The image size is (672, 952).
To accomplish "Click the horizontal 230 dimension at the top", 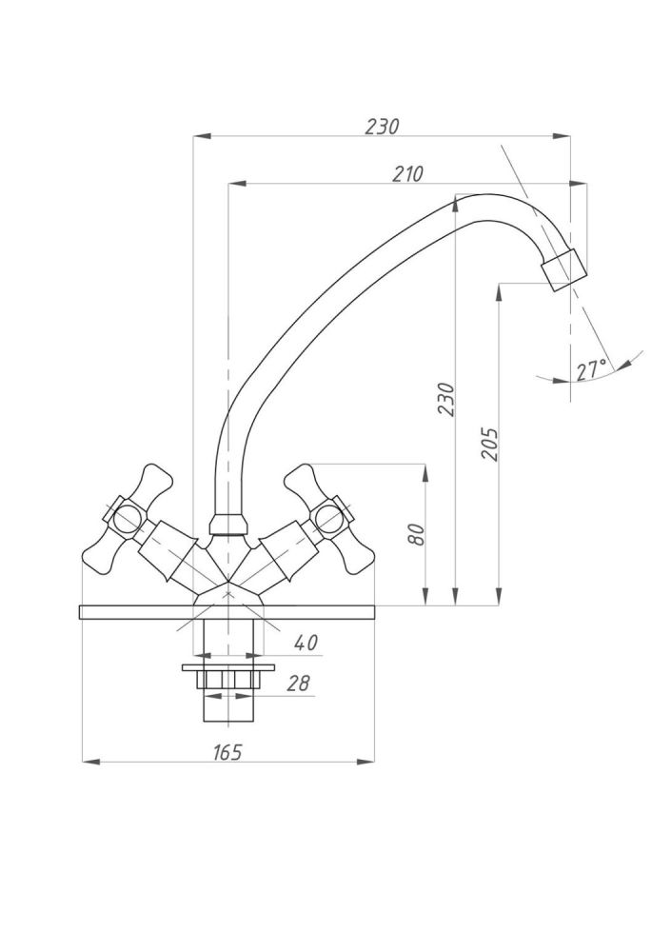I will tap(382, 127).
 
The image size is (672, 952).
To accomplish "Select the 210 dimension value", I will tap(406, 173).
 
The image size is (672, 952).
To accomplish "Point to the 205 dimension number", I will tap(489, 444).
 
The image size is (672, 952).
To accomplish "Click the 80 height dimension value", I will tap(415, 535).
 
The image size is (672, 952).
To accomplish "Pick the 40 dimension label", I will tap(305, 644).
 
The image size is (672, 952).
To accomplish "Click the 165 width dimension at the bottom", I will tap(227, 752).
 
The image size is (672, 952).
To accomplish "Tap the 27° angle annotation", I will tap(591, 370).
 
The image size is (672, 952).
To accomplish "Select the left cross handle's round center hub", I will tap(124, 518).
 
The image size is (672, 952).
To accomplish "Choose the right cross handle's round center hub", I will tap(328, 519).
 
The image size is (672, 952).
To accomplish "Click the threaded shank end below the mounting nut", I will tap(227, 708).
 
